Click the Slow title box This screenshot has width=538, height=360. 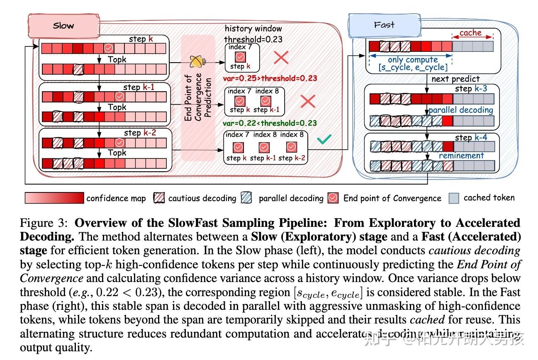tap(63, 26)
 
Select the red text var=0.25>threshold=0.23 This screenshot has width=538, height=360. tap(270, 78)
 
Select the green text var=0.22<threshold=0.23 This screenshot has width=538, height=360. tap(270, 123)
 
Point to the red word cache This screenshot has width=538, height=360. tap(470, 33)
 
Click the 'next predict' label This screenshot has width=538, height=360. tap(455, 79)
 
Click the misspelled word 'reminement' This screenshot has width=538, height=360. tap(461, 156)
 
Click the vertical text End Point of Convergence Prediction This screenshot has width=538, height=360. tap(199, 98)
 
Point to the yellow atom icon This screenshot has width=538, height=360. tap(196, 62)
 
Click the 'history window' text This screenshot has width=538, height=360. tap(253, 29)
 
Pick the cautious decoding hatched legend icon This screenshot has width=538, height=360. tap(159, 198)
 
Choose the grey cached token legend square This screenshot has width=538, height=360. tap(454, 198)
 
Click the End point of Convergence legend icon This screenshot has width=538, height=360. tap(333, 198)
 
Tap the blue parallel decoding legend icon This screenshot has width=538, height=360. tap(247, 198)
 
